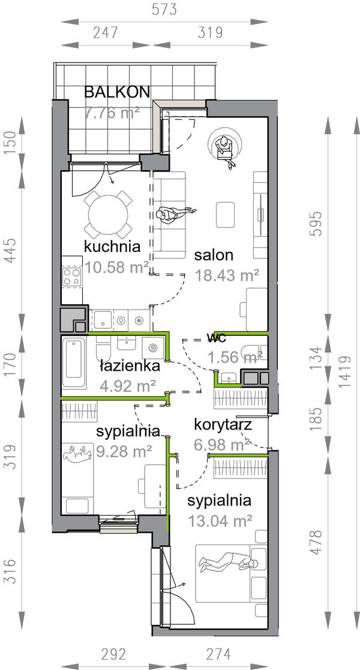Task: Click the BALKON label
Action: tap(117, 92)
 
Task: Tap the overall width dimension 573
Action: tap(164, 10)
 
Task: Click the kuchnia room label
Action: tap(112, 247)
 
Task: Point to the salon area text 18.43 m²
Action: tap(227, 275)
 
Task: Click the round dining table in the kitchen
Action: tap(108, 215)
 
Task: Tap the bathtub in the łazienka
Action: tap(75, 365)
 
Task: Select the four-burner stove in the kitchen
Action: tap(72, 277)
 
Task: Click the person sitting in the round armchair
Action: tap(225, 149)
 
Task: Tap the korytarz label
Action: tap(223, 425)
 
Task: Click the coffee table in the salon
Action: tap(225, 215)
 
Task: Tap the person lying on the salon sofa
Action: tap(175, 214)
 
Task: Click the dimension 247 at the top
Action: tap(105, 32)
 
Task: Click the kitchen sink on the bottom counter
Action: tap(103, 319)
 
